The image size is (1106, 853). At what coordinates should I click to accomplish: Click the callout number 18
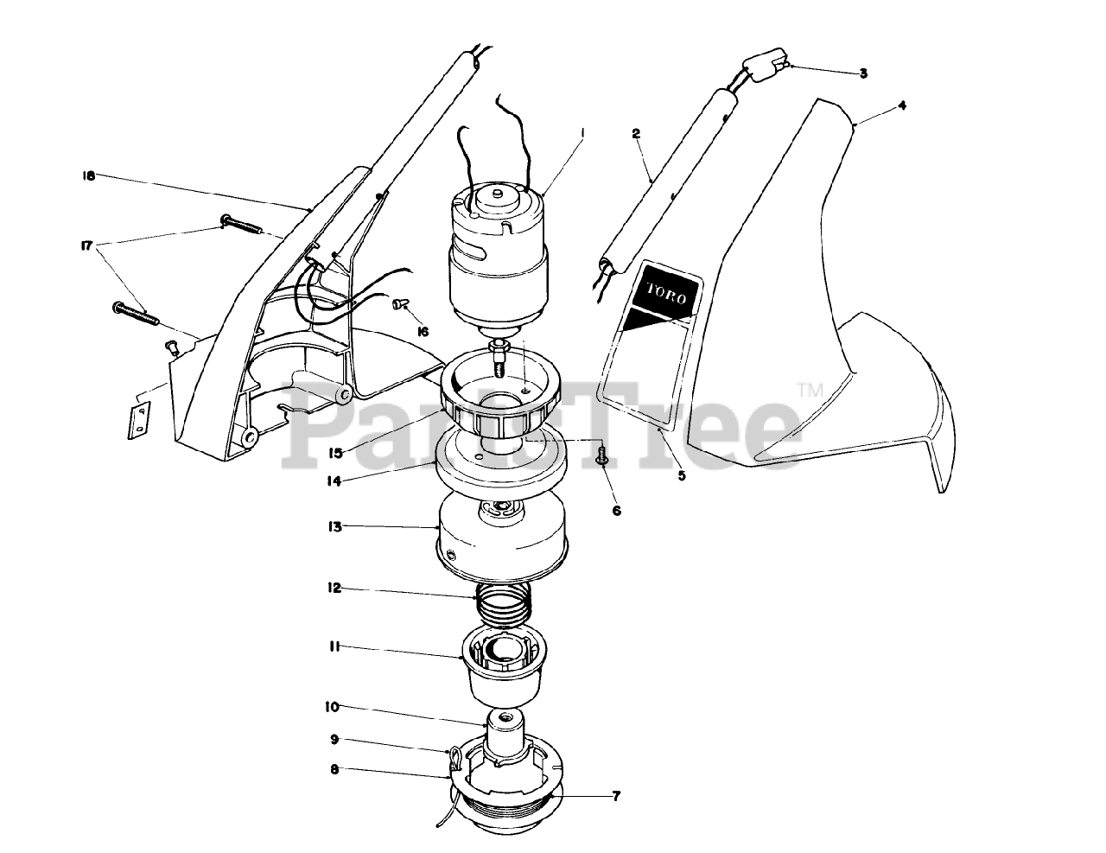click(87, 175)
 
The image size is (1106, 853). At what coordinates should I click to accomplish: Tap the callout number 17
click(86, 245)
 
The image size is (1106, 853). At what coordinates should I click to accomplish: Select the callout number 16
click(422, 331)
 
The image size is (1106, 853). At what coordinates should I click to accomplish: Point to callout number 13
click(334, 525)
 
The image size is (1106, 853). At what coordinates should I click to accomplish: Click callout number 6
click(616, 511)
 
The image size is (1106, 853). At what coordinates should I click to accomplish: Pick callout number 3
click(862, 73)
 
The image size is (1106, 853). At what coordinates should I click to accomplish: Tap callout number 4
click(901, 105)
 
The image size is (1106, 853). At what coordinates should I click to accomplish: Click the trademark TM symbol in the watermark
click(810, 389)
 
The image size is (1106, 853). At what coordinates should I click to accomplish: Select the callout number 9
click(334, 740)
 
